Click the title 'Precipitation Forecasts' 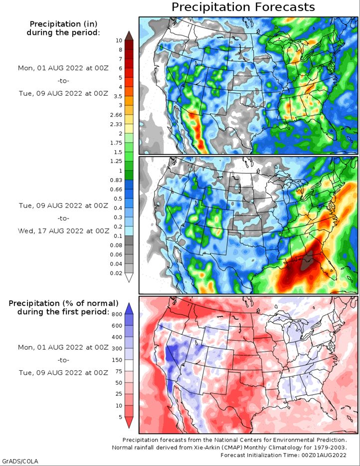243,7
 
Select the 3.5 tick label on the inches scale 118,96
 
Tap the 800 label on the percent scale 117,314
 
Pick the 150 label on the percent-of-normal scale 117,360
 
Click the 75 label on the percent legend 119,371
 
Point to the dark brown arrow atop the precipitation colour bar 129,35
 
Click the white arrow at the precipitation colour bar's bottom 129,277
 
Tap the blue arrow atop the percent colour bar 129,309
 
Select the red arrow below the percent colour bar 129,422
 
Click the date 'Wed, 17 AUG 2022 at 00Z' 63,231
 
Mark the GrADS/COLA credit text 19,462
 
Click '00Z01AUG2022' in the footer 324,455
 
